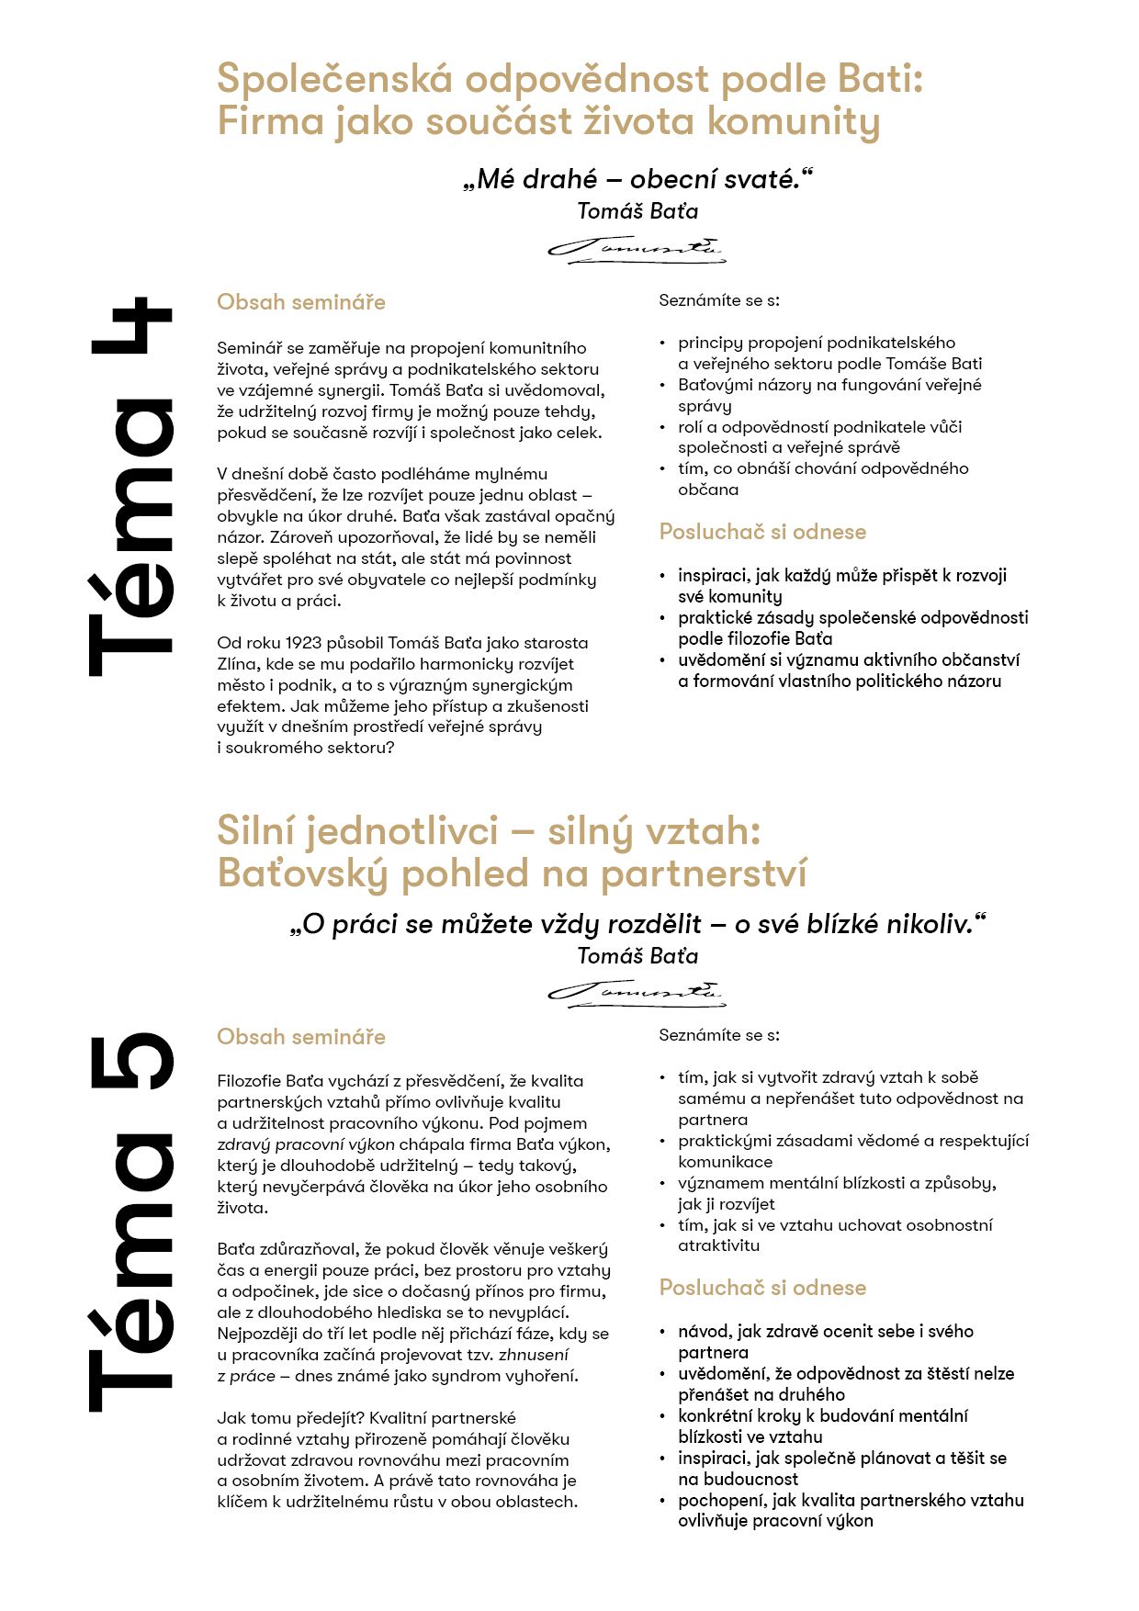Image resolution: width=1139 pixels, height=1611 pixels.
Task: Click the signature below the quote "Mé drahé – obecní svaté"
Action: click(x=637, y=249)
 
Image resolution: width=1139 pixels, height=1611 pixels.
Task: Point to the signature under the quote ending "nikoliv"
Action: click(x=637, y=993)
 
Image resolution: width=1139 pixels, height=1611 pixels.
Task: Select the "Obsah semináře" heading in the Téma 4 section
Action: click(x=301, y=302)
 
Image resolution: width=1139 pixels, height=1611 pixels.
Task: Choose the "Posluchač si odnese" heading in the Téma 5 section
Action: click(x=762, y=1288)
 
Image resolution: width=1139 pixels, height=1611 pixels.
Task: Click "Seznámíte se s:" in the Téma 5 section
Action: click(x=719, y=1035)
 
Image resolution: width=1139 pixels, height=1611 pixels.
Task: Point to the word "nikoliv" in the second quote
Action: click(x=931, y=924)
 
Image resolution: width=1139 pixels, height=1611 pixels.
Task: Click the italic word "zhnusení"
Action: click(x=534, y=1355)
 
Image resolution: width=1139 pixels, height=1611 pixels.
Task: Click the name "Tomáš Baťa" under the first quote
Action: click(x=637, y=211)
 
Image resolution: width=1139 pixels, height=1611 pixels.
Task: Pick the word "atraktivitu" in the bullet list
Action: click(x=718, y=1246)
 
